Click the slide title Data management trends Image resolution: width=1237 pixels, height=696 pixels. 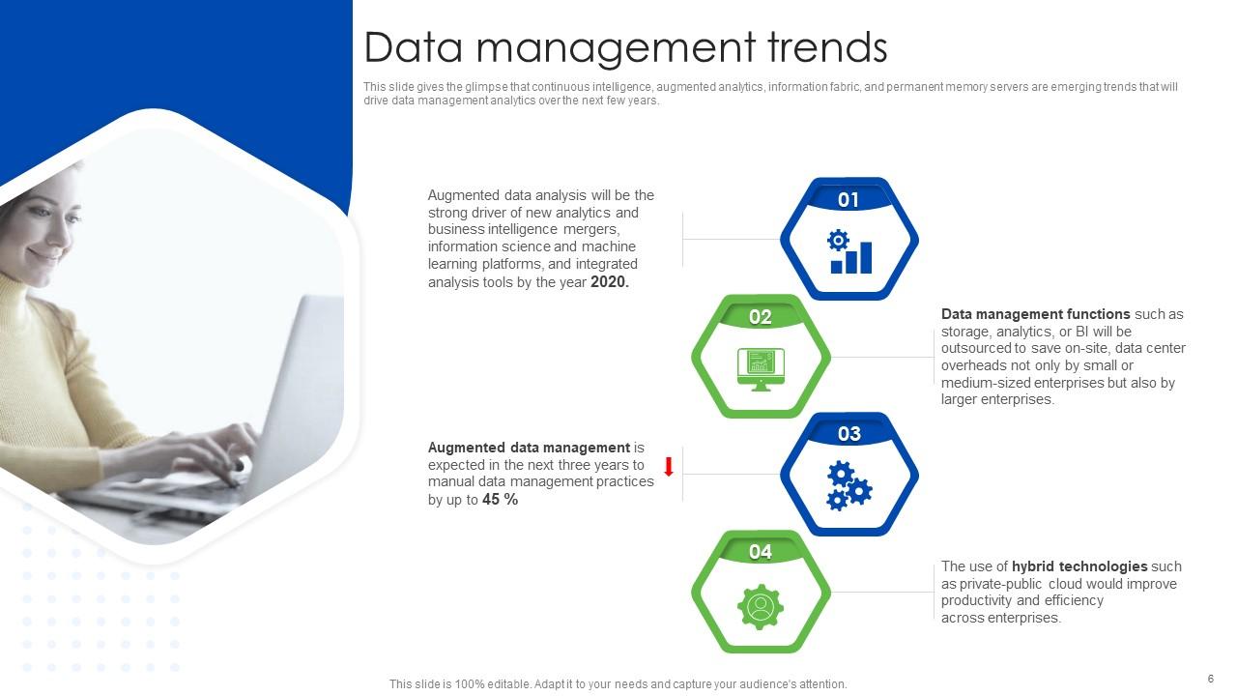pyautogui.click(x=625, y=47)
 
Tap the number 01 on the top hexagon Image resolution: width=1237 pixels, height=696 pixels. pyautogui.click(x=849, y=200)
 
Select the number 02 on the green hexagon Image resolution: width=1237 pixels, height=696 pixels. pyautogui.click(x=761, y=317)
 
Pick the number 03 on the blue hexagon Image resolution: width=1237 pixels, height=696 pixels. pyautogui.click(x=849, y=434)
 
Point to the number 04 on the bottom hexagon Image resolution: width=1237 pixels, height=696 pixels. pyautogui.click(x=761, y=552)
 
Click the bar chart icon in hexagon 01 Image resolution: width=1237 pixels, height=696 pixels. pyautogui.click(x=849, y=252)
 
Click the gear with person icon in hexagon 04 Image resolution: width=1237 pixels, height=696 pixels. pyautogui.click(x=761, y=607)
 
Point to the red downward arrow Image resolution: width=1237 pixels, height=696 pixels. pyautogui.click(x=668, y=467)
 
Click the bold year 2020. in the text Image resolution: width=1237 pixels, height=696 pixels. pyautogui.click(x=610, y=282)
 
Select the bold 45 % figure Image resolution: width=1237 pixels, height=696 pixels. pyautogui.click(x=501, y=500)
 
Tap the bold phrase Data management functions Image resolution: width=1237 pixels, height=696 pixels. pyautogui.click(x=1035, y=314)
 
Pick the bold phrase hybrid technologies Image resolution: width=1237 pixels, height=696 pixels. pyautogui.click(x=1079, y=566)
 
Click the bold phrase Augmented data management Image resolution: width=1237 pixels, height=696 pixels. pyautogui.click(x=529, y=448)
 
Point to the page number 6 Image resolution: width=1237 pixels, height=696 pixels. pyautogui.click(x=1210, y=679)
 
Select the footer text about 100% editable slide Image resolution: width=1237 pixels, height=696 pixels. pyautogui.click(x=618, y=684)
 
